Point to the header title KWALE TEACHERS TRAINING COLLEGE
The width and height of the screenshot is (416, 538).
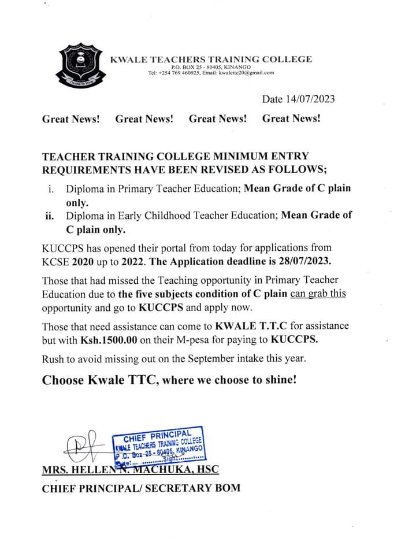pos(211,59)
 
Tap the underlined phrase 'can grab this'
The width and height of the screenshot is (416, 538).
pos(318,293)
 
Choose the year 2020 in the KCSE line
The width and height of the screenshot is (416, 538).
pos(83,260)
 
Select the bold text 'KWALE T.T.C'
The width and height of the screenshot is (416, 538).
pos(246,326)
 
